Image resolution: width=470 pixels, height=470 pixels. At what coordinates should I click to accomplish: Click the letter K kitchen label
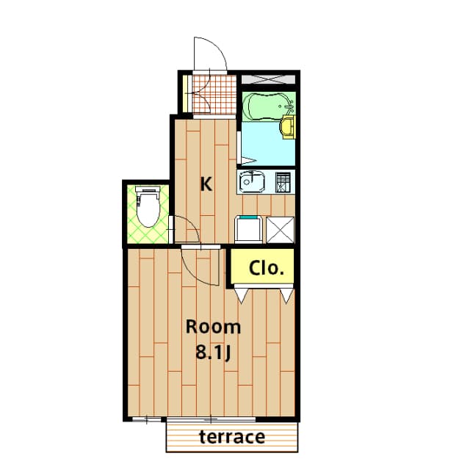pyautogui.click(x=206, y=184)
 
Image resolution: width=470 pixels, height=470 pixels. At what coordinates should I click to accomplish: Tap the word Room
pyautogui.click(x=212, y=327)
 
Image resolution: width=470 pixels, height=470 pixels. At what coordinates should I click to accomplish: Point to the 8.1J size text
pyautogui.click(x=213, y=352)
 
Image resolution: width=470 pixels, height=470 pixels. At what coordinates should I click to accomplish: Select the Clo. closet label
pyautogui.click(x=267, y=268)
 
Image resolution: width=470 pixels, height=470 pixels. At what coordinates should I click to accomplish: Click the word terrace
pyautogui.click(x=231, y=438)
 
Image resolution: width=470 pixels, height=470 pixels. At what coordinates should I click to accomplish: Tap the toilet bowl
pyautogui.click(x=148, y=207)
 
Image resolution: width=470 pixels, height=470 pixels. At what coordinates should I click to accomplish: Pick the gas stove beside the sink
pyautogui.click(x=284, y=181)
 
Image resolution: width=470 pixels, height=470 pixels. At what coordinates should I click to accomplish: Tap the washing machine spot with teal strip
pyautogui.click(x=249, y=229)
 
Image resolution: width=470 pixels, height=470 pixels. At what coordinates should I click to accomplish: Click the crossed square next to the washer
pyautogui.click(x=280, y=229)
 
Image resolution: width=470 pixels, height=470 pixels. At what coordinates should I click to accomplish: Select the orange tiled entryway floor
pyautogui.click(x=214, y=94)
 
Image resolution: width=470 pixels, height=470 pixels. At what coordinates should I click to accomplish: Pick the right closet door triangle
pyautogui.click(x=286, y=294)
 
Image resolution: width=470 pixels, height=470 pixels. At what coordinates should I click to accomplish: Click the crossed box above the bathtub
pyautogui.click(x=268, y=77)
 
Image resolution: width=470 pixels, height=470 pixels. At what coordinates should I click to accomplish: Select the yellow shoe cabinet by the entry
pyautogui.click(x=186, y=93)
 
